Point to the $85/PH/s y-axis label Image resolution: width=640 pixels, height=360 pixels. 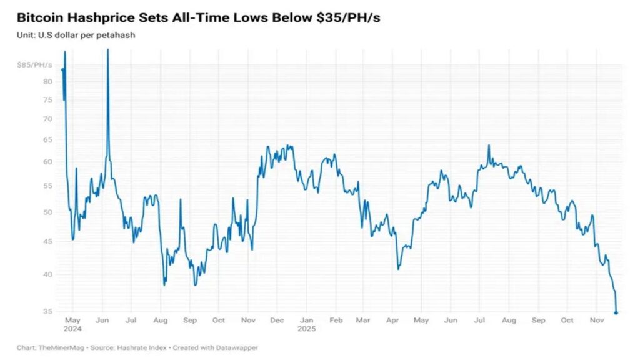pyautogui.click(x=35, y=64)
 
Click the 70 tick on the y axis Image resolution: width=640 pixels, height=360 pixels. pyautogui.click(x=47, y=119)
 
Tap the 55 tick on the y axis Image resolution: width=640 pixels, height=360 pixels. pyautogui.click(x=47, y=186)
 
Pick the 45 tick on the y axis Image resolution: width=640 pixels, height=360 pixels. pyautogui.click(x=47, y=241)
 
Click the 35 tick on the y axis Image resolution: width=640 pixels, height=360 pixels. pyautogui.click(x=47, y=311)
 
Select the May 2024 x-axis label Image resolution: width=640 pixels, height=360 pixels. pyautogui.click(x=72, y=324)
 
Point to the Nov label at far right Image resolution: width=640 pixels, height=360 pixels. pyautogui.click(x=596, y=321)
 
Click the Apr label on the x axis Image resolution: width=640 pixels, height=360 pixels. pyautogui.click(x=392, y=321)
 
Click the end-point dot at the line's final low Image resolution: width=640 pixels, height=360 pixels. pyautogui.click(x=616, y=312)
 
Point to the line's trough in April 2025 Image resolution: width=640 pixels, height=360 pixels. pyautogui.click(x=398, y=269)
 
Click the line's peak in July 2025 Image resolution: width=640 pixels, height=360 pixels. pyautogui.click(x=489, y=146)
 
